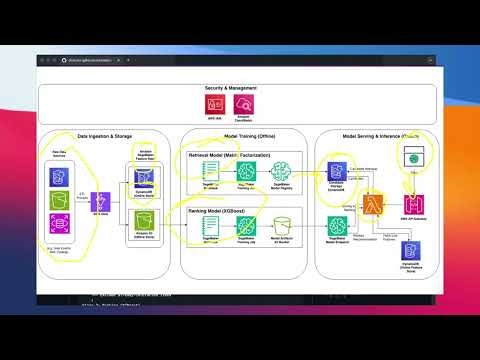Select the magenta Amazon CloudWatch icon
click(x=242, y=103)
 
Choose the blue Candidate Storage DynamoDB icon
click(x=336, y=171)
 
